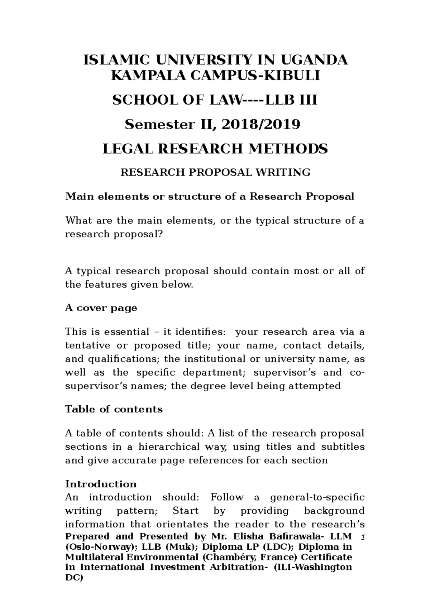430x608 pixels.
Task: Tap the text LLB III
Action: [291, 101]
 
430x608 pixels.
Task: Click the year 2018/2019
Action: [261, 125]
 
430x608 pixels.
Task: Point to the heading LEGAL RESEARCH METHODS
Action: [215, 149]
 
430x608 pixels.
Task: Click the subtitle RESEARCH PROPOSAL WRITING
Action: [215, 173]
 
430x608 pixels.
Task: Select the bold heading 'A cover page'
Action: [101, 308]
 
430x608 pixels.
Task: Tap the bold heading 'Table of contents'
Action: [114, 409]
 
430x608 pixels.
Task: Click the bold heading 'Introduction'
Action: [101, 484]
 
